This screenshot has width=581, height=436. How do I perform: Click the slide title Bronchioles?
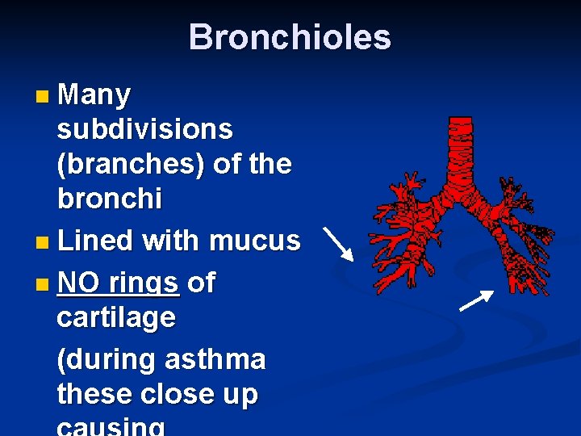coord(290,37)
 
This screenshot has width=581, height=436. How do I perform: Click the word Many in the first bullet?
coord(94,95)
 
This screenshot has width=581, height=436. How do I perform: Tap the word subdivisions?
coord(145,129)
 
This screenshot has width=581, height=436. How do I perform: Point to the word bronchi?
coord(109,198)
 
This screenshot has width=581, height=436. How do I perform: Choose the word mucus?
coord(255,240)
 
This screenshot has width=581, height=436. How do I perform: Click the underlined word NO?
coord(78,283)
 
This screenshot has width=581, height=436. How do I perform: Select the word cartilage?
coord(116,317)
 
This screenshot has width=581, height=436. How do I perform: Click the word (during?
coord(107,359)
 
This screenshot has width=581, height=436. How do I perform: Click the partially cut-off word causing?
coord(111,427)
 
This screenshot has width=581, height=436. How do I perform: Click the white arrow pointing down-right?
coord(338,243)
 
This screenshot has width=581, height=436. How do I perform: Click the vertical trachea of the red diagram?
coord(461,150)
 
